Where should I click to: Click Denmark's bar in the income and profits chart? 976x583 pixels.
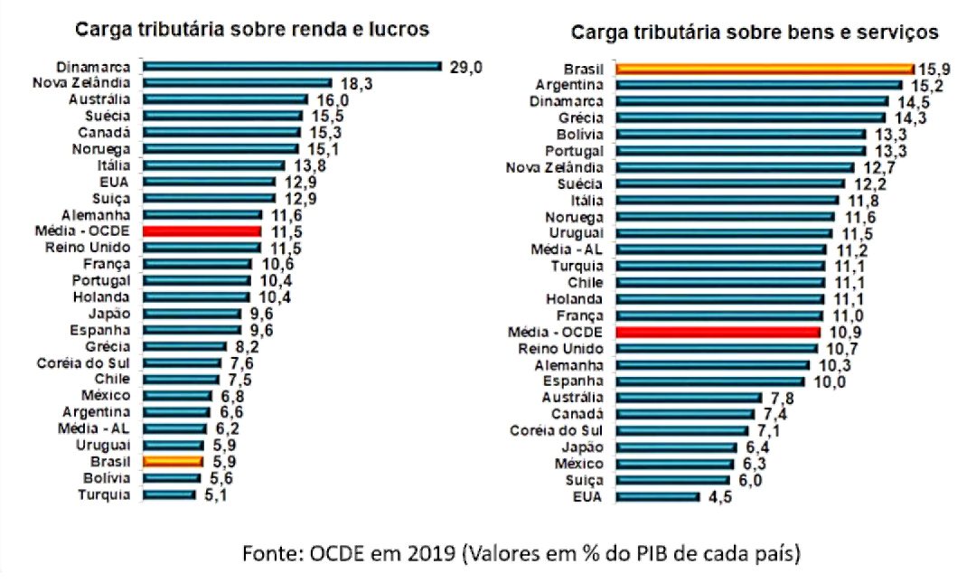[x=291, y=66]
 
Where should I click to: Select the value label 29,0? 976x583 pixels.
[x=467, y=67]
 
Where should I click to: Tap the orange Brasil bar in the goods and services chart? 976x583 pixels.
[x=765, y=68]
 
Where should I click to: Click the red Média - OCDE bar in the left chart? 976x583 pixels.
[x=202, y=231]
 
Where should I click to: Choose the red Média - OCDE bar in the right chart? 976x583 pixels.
[x=718, y=332]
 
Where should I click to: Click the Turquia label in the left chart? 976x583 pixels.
[x=105, y=494]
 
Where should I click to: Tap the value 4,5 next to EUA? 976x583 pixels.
[x=719, y=496]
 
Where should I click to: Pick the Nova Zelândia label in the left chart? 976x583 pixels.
[x=84, y=83]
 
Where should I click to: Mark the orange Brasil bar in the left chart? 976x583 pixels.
[x=173, y=461]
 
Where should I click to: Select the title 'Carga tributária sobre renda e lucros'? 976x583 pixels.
[x=251, y=30]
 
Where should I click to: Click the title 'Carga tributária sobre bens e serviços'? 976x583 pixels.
[x=755, y=33]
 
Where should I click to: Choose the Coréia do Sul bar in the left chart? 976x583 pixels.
[x=182, y=362]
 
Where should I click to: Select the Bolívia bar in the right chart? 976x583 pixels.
[x=740, y=134]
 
